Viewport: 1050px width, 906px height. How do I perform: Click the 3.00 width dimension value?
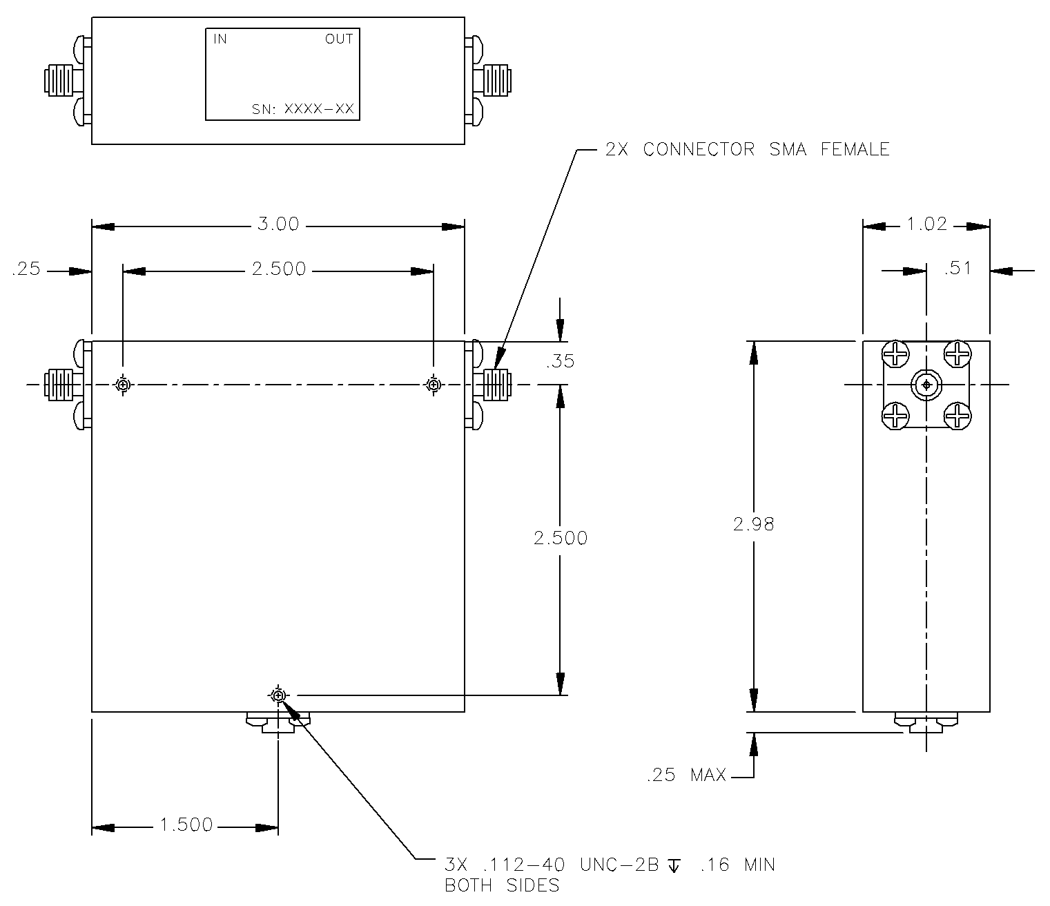pyautogui.click(x=278, y=225)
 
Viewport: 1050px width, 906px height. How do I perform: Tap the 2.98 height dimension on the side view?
pyautogui.click(x=754, y=524)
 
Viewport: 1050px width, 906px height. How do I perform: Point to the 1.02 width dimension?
pyautogui.click(x=926, y=225)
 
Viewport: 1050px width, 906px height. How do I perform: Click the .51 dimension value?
pyautogui.click(x=957, y=269)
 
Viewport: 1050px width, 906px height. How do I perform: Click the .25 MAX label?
pyautogui.click(x=686, y=775)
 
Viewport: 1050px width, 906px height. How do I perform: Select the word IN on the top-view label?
pyautogui.click(x=220, y=39)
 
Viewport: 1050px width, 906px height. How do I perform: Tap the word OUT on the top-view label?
pyautogui.click(x=339, y=39)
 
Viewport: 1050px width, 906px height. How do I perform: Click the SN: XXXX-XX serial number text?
pyautogui.click(x=302, y=108)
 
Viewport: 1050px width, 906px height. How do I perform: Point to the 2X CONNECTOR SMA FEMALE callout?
pyautogui.click(x=747, y=149)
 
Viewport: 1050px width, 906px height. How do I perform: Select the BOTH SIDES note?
pyautogui.click(x=501, y=885)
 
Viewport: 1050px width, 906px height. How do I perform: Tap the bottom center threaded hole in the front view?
pyautogui.click(x=278, y=695)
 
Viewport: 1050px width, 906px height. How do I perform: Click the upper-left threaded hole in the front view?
pyautogui.click(x=123, y=385)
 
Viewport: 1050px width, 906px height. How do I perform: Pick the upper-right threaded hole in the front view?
pyautogui.click(x=434, y=385)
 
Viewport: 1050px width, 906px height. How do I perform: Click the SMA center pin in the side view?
pyautogui.click(x=926, y=385)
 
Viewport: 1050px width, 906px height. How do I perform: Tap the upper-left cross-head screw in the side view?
pyautogui.click(x=896, y=355)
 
